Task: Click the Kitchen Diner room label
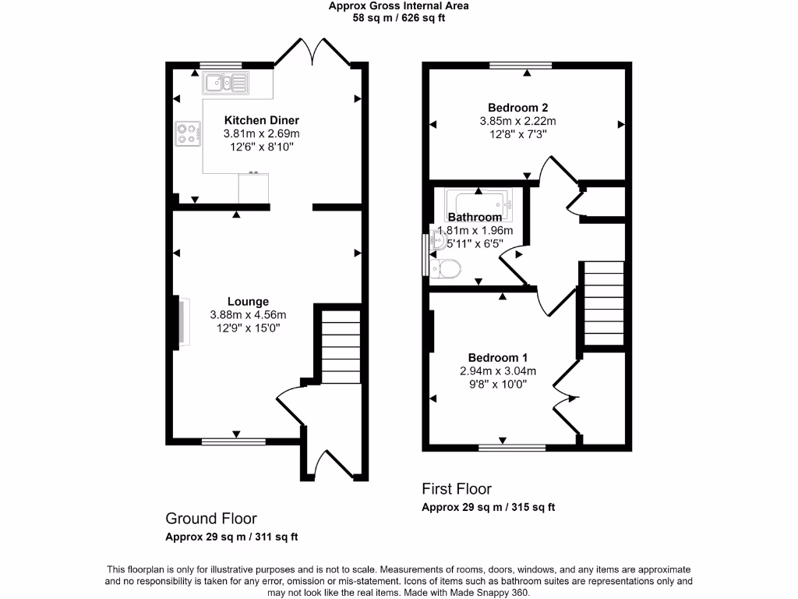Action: pos(262,120)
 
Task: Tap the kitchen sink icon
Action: pos(225,82)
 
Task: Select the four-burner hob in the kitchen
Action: pos(186,133)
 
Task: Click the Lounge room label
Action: pos(248,301)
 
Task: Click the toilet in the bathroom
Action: pos(447,269)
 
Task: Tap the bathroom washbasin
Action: pos(436,245)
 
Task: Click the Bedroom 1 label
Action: pos(498,357)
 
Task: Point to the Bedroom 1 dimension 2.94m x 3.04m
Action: pos(498,371)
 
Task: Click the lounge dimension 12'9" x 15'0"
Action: pos(248,328)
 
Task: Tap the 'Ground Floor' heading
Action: pos(210,518)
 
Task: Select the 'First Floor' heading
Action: pos(457,489)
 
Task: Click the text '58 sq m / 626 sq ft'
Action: pos(399,18)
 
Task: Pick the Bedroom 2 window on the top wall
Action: pos(520,65)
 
